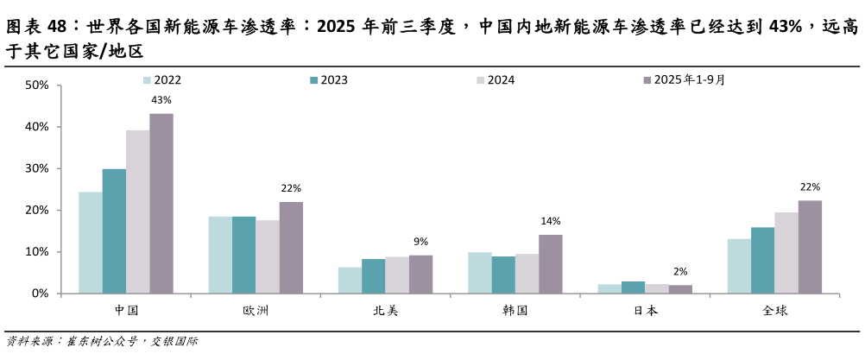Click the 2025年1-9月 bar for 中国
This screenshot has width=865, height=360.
click(x=161, y=204)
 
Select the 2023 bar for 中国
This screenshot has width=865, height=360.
click(x=114, y=231)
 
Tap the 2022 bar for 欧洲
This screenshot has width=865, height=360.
click(x=220, y=255)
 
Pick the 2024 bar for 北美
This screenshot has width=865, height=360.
click(x=397, y=275)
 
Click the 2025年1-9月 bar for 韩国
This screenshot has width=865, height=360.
click(x=551, y=264)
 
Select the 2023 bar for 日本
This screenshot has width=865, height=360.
click(x=633, y=287)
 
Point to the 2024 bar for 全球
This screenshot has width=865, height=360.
click(x=786, y=253)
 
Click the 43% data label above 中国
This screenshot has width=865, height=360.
click(x=161, y=100)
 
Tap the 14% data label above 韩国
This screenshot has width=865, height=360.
click(x=551, y=221)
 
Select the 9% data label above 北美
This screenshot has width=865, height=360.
click(x=420, y=242)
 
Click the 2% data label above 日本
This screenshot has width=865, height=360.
click(x=680, y=271)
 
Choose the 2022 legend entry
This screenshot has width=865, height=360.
click(x=161, y=79)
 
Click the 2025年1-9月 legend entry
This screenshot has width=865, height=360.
click(x=683, y=79)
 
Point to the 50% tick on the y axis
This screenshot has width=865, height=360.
click(x=36, y=85)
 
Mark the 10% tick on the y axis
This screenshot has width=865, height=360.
click(x=36, y=252)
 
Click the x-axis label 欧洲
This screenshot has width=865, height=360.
click(x=256, y=310)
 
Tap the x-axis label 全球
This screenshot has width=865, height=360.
click(x=774, y=310)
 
